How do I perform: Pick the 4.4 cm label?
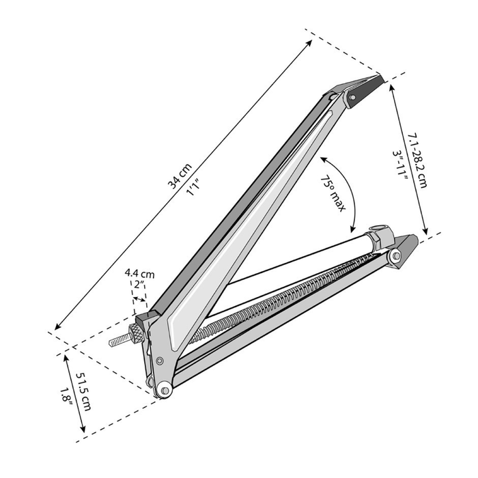point(139,273)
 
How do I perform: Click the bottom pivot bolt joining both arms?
point(164,390)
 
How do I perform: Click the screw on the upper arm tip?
point(352,97)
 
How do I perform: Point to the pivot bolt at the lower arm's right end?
point(395,255)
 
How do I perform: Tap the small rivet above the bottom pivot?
point(159,361)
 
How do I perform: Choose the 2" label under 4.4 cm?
point(139,284)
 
